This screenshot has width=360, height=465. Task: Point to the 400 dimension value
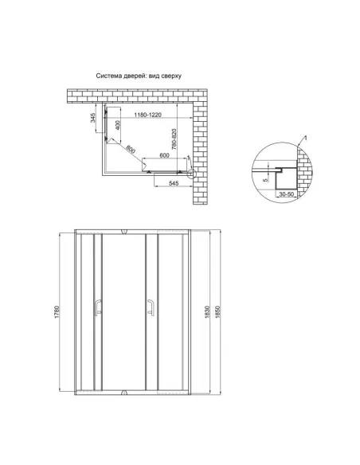tap(116, 125)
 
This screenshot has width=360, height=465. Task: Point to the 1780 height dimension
tap(56, 315)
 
